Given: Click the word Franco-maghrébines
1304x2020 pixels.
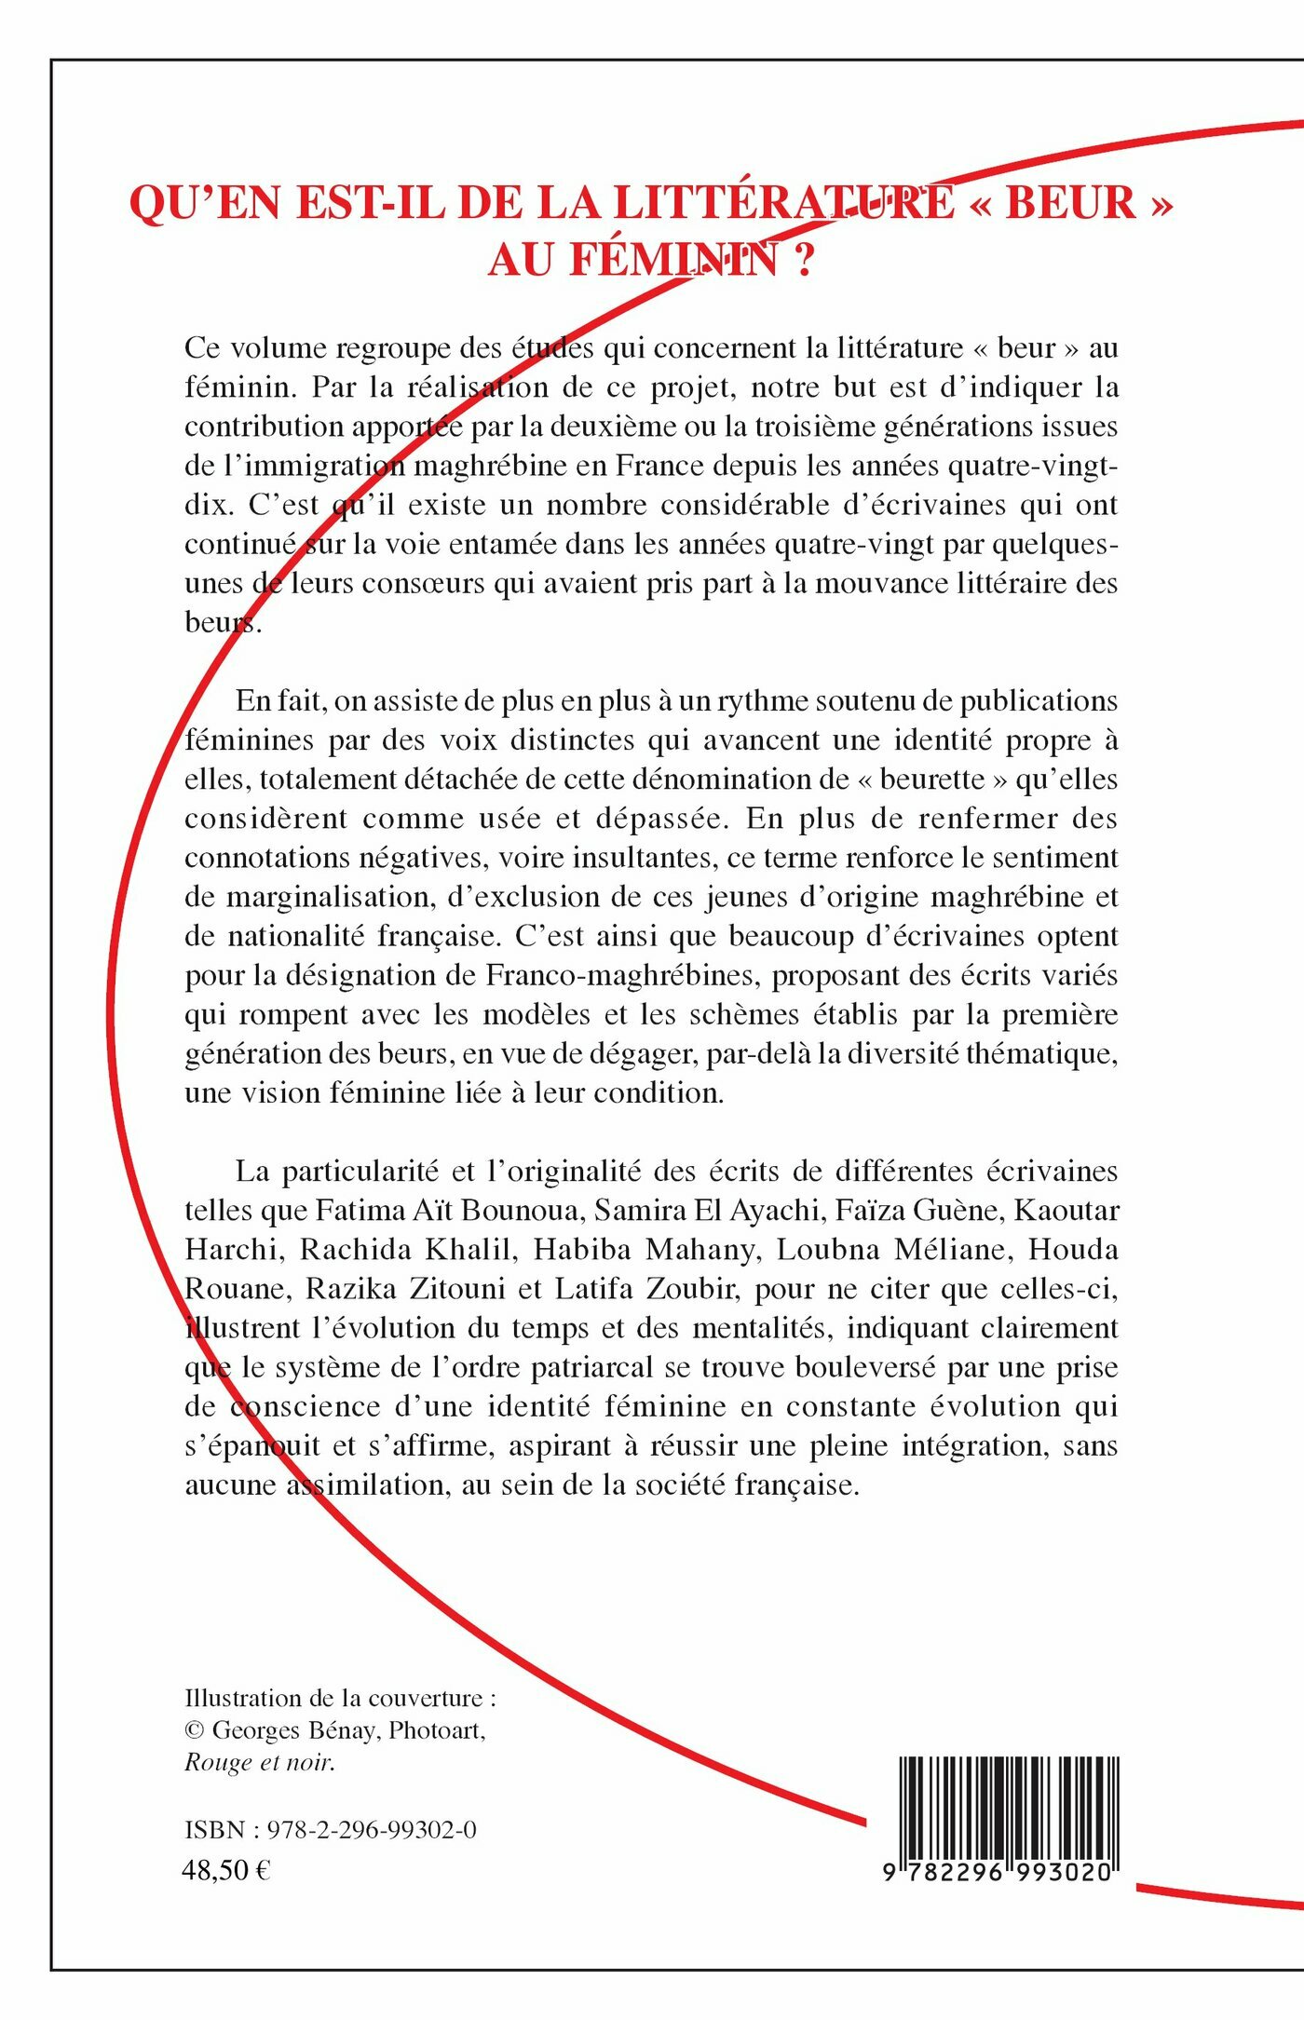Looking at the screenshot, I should point(619,975).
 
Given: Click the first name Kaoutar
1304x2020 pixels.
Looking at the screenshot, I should point(1066,1211).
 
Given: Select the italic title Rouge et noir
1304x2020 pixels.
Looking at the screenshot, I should point(260,1763).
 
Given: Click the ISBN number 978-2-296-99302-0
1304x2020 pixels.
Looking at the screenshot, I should point(372,1830).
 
